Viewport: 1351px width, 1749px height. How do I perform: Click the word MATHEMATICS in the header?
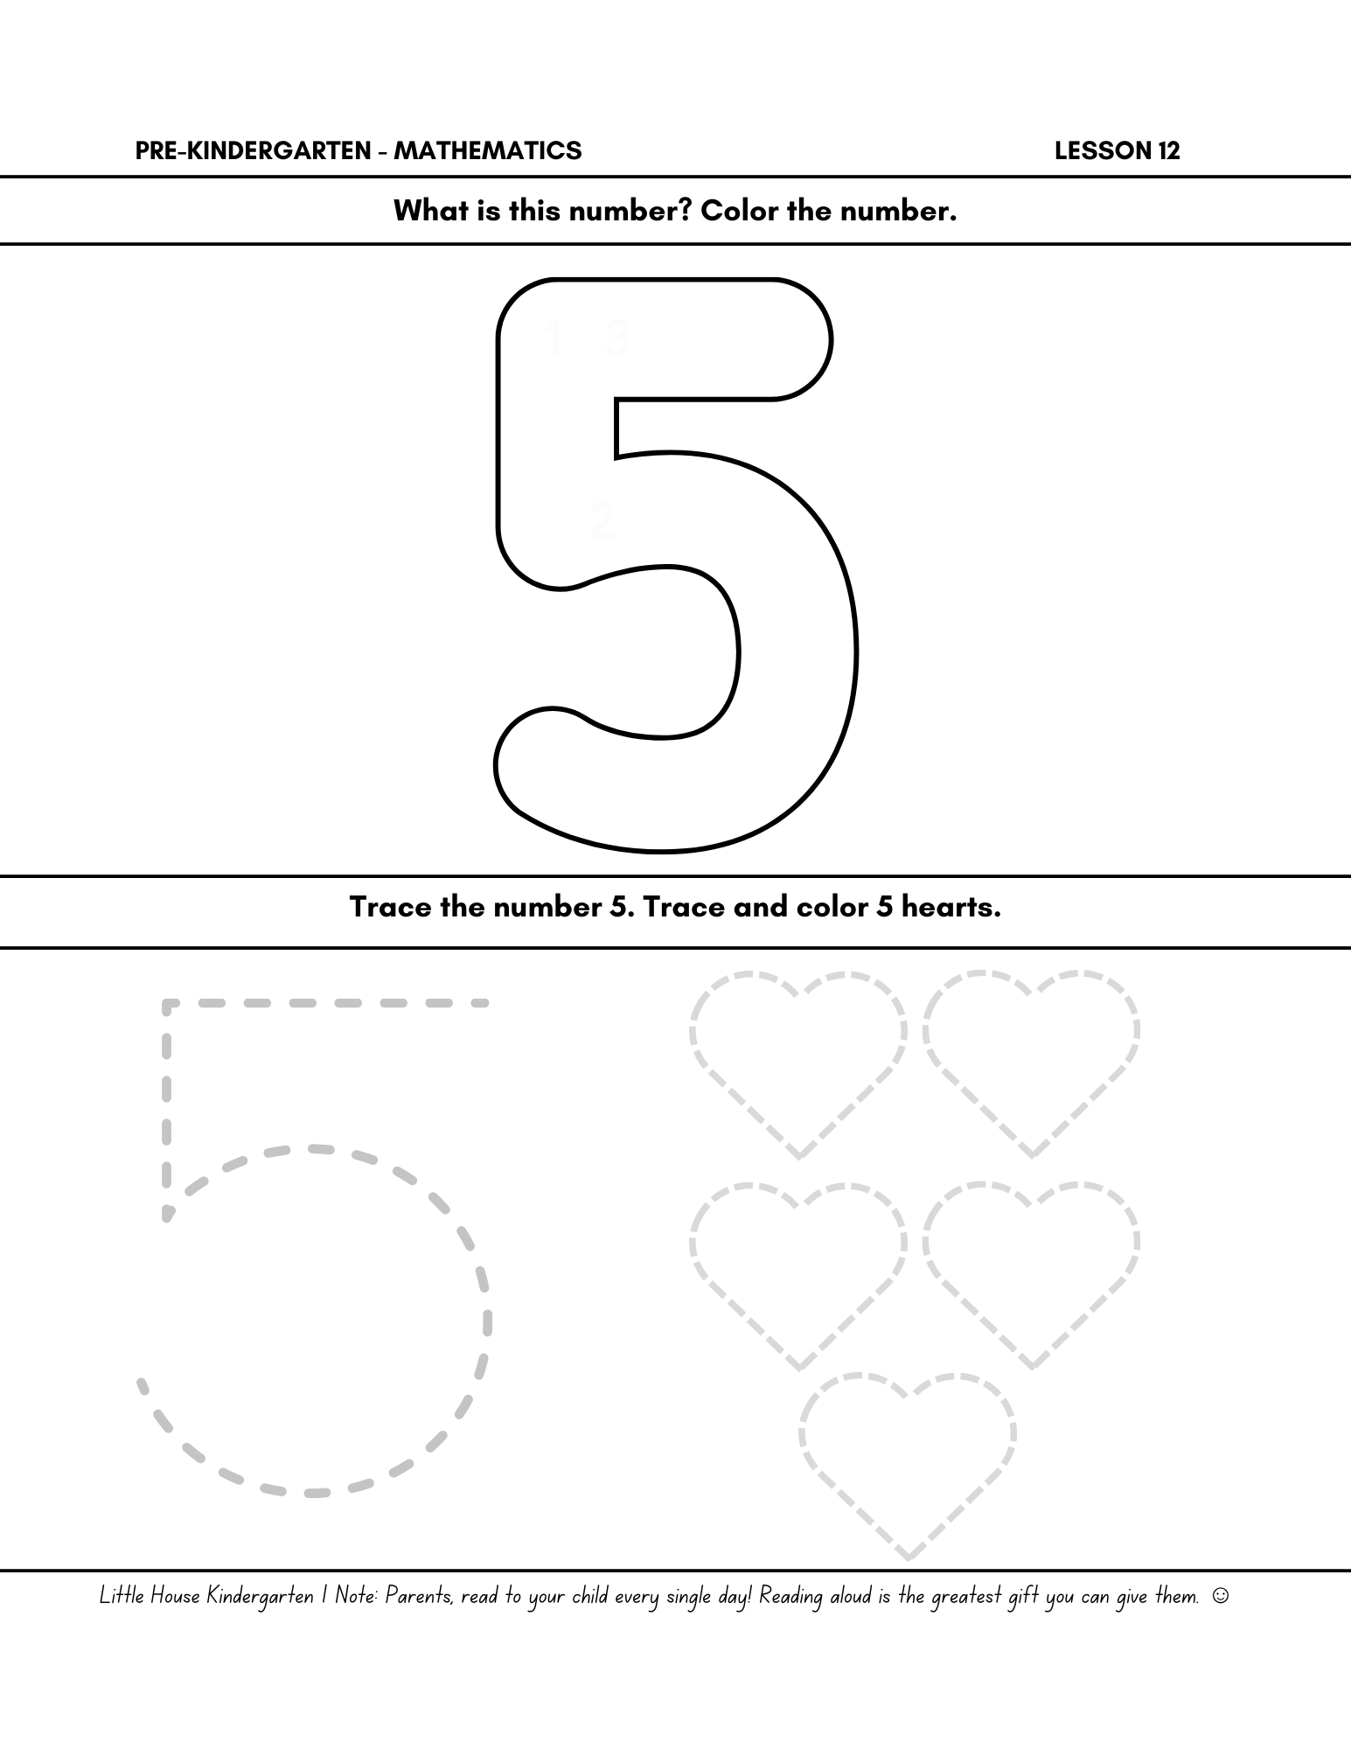coord(487,150)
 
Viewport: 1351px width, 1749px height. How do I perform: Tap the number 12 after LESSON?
coord(1169,150)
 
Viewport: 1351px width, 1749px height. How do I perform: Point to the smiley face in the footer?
coord(1222,1596)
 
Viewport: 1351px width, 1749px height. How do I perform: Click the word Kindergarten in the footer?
coord(261,1597)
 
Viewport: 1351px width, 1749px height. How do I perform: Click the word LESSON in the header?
coord(1103,150)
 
